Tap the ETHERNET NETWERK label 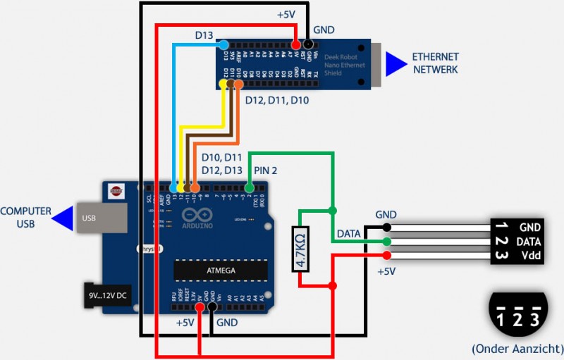point(435,63)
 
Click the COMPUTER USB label point(27,217)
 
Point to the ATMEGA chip point(221,270)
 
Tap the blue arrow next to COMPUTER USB point(64,218)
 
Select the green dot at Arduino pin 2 point(248,188)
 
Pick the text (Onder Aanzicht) point(517,348)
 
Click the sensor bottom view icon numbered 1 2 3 point(517,314)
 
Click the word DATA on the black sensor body point(529,241)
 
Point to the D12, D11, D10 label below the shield point(276,100)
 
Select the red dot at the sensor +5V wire point(387,255)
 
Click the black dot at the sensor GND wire point(387,227)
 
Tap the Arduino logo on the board point(197,216)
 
